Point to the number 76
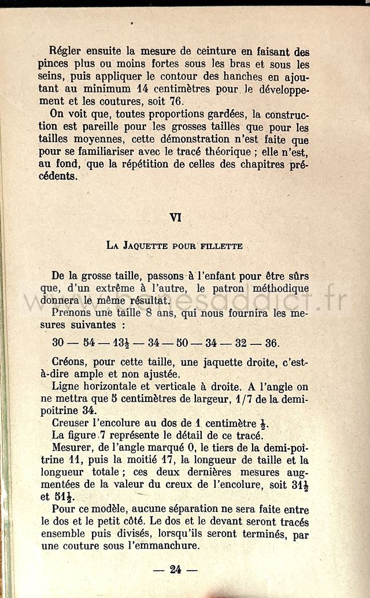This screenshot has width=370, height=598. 209,102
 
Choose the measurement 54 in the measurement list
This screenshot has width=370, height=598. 88,343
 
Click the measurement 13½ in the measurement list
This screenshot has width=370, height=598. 121,343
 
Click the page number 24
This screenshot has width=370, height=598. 175,570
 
